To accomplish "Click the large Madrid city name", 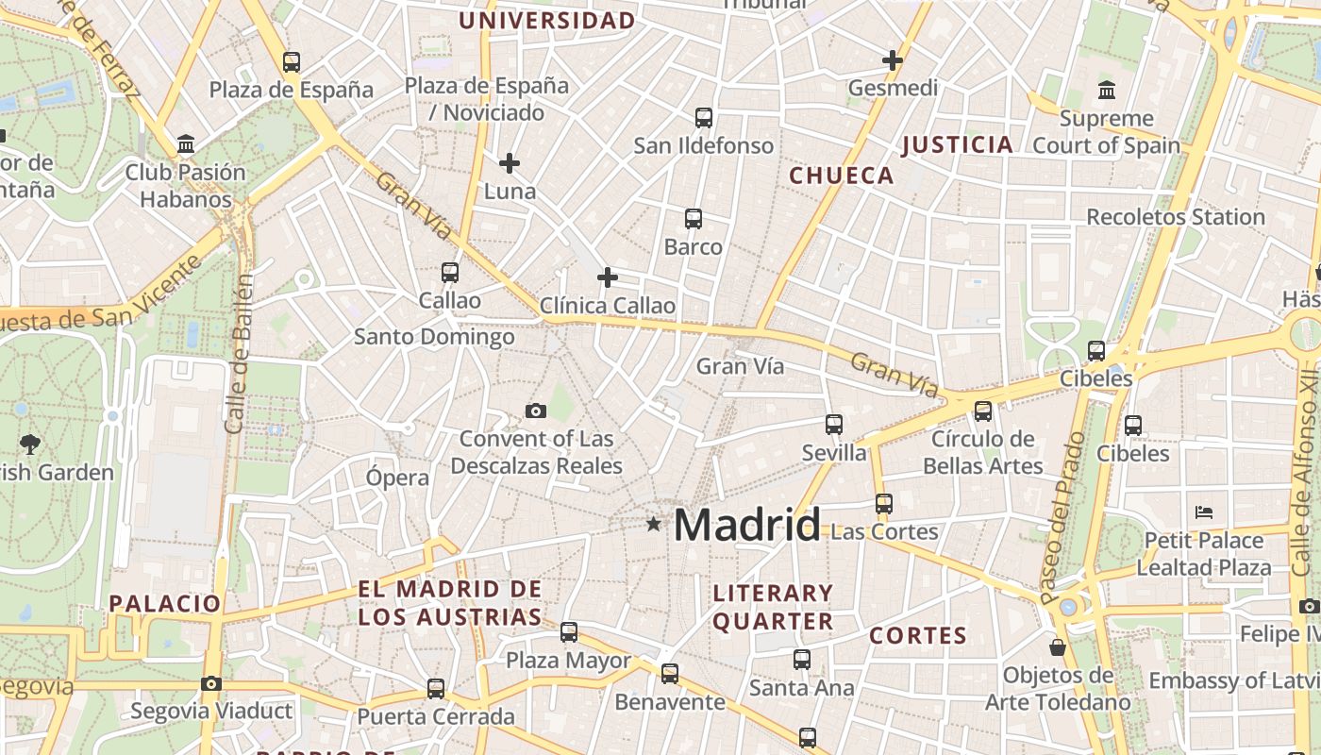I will (746, 525).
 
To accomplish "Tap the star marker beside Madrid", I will (653, 523).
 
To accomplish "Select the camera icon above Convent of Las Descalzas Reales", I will (536, 411).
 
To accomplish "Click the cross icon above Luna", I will (510, 163).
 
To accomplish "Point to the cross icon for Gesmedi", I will (892, 60).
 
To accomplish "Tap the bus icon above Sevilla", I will (834, 425).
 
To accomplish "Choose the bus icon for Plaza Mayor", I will (569, 632).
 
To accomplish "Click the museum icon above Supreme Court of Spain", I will (1107, 91).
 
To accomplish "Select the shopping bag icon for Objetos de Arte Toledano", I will (1058, 647).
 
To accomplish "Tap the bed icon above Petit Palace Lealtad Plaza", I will (1203, 512).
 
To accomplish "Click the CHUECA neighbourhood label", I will (842, 176).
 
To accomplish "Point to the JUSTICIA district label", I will (958, 145).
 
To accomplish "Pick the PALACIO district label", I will (165, 603).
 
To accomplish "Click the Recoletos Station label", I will (1176, 217).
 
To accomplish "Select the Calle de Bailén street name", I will (239, 354).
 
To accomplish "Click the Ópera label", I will (397, 478).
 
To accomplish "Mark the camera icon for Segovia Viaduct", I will (211, 683).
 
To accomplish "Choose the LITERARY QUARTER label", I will (773, 607).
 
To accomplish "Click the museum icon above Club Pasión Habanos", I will (186, 145).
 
